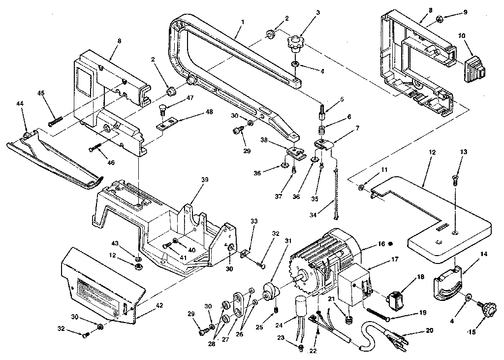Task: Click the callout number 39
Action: pyautogui.click(x=204, y=180)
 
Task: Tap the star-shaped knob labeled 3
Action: pyautogui.click(x=295, y=44)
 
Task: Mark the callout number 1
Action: pyautogui.click(x=243, y=22)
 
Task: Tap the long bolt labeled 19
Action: pyautogui.click(x=378, y=314)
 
